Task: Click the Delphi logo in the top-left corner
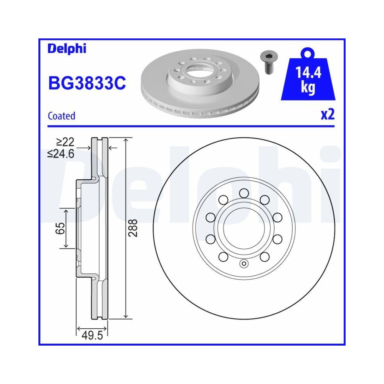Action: click(x=67, y=49)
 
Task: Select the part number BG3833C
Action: click(x=87, y=83)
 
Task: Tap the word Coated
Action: click(x=61, y=116)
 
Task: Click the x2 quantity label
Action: click(x=328, y=115)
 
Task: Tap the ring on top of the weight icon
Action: click(x=308, y=53)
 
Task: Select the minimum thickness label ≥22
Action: click(x=65, y=142)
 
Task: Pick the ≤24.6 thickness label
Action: click(x=60, y=154)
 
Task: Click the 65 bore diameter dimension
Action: click(x=60, y=228)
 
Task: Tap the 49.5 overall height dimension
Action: click(x=92, y=337)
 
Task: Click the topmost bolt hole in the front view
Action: click(x=243, y=192)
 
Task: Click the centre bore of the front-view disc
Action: click(x=243, y=229)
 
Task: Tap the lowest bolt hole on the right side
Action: click(x=264, y=257)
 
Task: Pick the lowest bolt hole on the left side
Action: click(x=222, y=257)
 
